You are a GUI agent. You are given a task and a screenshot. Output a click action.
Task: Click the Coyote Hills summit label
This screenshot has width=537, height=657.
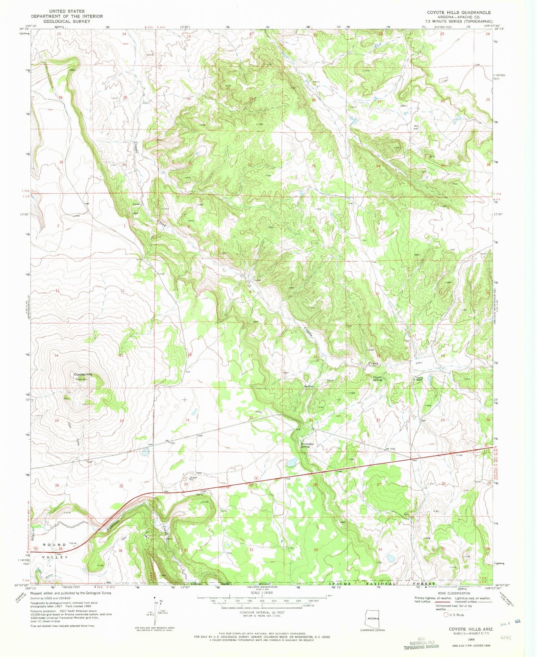83,374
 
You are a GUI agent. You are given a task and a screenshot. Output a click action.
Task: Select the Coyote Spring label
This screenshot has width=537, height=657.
377,379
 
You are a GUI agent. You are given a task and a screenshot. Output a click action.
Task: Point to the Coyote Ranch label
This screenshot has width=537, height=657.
419,379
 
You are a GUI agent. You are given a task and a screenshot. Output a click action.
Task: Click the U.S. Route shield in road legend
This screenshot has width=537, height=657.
446,615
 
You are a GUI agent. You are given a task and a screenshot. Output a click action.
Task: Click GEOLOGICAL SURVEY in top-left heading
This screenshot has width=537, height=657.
67,22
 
